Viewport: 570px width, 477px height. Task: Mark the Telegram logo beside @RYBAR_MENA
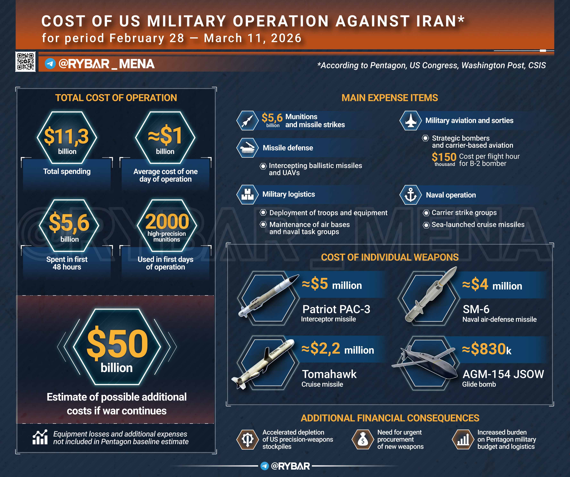coord(50,64)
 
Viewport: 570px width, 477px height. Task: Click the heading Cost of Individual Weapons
coord(390,257)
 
